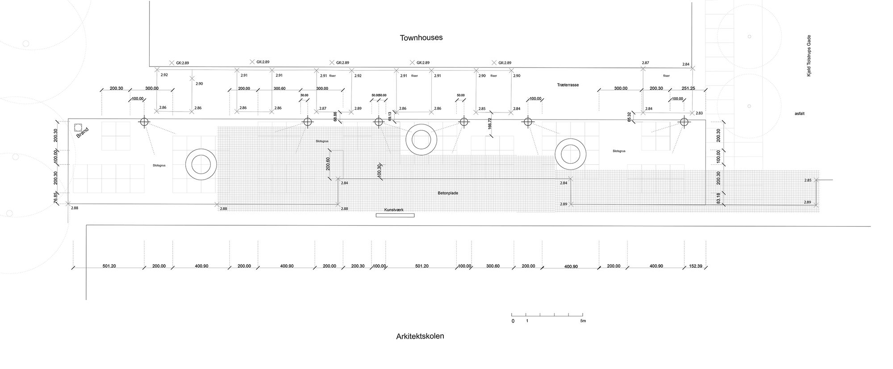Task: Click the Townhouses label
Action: coord(421,37)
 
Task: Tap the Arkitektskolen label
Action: coord(420,336)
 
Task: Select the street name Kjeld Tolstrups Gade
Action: coord(808,62)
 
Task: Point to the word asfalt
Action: coord(799,114)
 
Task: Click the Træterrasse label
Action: coord(568,85)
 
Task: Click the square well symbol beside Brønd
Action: coord(78,127)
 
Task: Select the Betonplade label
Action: coord(448,193)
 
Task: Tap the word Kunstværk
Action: coord(394,210)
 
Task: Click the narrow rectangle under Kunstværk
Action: coord(395,216)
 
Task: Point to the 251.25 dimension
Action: coord(688,88)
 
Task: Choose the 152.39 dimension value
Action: coord(695,266)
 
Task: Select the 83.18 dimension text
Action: coord(718,198)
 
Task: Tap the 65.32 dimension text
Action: coord(629,117)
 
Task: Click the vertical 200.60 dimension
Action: coord(328,164)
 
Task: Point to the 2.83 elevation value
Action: coord(699,113)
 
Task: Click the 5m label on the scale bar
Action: coord(583,321)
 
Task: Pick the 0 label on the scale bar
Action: coord(513,321)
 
